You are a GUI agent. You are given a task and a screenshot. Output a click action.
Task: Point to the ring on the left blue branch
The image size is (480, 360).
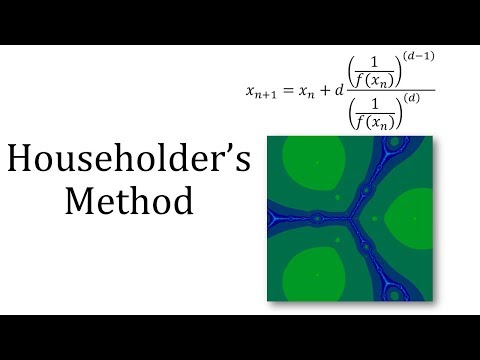point(317,217)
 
